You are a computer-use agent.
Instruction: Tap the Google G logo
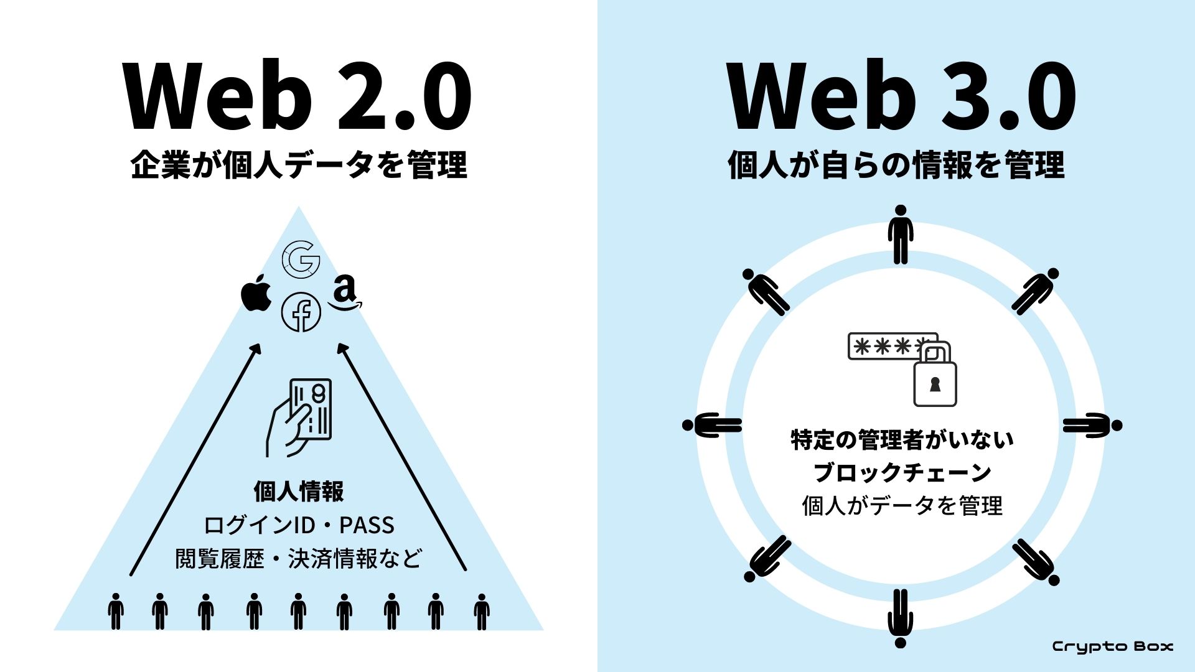pyautogui.click(x=301, y=259)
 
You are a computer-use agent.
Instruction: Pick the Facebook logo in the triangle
pyautogui.click(x=301, y=312)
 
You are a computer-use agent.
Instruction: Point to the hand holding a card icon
pyautogui.click(x=300, y=417)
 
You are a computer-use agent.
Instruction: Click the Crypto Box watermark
pyautogui.click(x=1112, y=646)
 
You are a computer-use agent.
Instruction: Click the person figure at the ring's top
pyautogui.click(x=901, y=235)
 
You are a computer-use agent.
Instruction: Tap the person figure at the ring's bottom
pyautogui.click(x=900, y=618)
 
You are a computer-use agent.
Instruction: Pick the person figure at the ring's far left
pyautogui.click(x=712, y=426)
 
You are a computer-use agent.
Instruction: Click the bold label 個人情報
pyautogui.click(x=299, y=492)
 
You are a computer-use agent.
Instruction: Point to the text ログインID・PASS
pyautogui.click(x=299, y=525)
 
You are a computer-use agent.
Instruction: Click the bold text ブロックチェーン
pyautogui.click(x=902, y=472)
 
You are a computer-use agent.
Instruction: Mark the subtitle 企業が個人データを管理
pyautogui.click(x=299, y=166)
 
